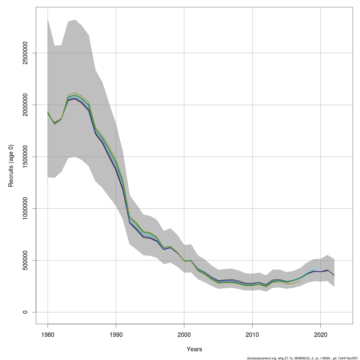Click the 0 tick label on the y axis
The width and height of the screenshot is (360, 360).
pos(25,312)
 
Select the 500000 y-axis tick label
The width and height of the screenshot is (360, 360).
pos(25,260)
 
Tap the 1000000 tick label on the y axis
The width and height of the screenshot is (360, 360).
pos(25,208)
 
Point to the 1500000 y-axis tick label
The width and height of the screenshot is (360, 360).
pos(25,157)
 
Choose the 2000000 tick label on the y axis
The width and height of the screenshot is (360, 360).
pos(25,105)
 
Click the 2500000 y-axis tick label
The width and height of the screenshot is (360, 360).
pos(25,53)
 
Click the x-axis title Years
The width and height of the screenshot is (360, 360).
pos(194,349)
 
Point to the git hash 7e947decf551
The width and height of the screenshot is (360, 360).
pos(348,358)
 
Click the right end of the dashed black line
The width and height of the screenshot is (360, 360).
pos(334,275)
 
